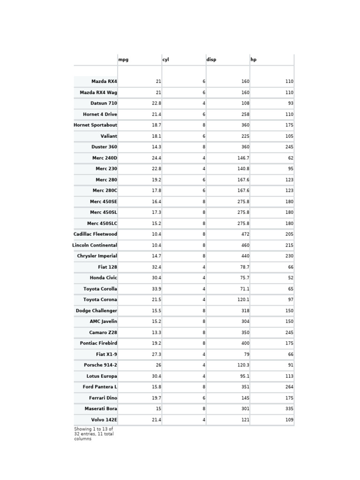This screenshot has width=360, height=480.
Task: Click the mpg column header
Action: coord(123,60)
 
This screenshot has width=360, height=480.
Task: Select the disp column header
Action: coord(211,60)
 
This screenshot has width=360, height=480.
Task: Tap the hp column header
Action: coord(254,60)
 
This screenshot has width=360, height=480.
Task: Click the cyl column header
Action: coord(165,60)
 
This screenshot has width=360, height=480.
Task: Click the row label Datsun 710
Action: coord(104,103)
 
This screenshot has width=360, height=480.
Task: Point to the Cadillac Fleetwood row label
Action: coord(95,234)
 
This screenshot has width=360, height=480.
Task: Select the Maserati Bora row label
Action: coord(101,409)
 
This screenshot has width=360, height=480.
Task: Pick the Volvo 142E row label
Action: coord(104,420)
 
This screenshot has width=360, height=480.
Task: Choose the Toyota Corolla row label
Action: coord(100,289)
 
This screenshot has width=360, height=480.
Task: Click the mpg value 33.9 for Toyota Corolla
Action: coord(156,289)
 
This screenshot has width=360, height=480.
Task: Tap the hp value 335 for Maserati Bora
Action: coord(289,409)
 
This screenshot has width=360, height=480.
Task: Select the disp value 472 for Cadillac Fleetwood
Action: coord(245,234)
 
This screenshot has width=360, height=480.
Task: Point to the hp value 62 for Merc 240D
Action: coord(291,158)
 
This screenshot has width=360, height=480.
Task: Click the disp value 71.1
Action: coord(244,289)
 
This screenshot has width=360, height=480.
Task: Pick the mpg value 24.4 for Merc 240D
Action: coord(156,158)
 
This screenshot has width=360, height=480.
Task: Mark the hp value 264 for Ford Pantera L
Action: coord(289,387)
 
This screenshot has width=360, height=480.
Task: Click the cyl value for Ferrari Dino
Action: coord(204,398)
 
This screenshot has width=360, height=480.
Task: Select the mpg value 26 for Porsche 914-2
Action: coord(158,365)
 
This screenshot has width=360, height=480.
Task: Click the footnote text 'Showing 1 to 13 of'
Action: coord(93,429)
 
